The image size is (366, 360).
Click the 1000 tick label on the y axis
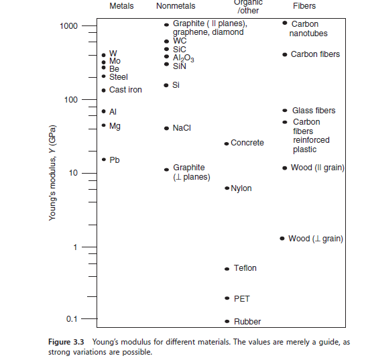click(x=69, y=26)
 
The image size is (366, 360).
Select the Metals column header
click(x=121, y=6)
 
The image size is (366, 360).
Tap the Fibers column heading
click(x=304, y=6)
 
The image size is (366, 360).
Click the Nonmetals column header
click(x=176, y=6)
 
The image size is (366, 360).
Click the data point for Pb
click(x=103, y=160)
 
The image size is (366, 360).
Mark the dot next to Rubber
click(x=227, y=322)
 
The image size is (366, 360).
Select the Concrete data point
click(x=227, y=143)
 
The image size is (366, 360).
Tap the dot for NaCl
click(x=166, y=127)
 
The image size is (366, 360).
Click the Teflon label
click(x=245, y=268)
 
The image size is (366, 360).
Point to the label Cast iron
click(x=125, y=90)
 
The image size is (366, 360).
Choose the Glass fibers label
click(x=314, y=111)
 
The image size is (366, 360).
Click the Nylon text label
click(x=241, y=188)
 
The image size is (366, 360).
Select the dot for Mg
click(x=103, y=125)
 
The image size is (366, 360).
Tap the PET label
click(x=241, y=298)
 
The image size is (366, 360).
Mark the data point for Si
click(x=166, y=85)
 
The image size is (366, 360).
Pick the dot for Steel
click(x=103, y=76)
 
